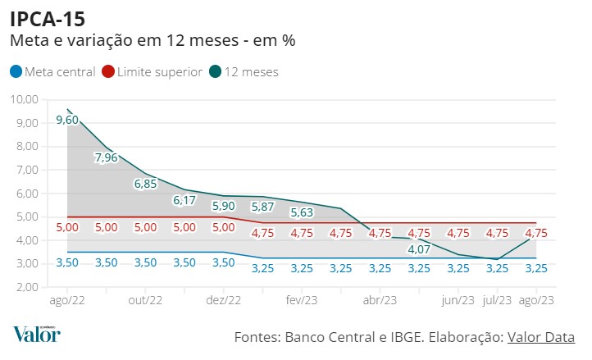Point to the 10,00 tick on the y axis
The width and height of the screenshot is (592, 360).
click(24, 99)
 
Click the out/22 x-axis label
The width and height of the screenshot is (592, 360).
click(145, 301)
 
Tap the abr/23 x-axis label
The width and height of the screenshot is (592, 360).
click(380, 301)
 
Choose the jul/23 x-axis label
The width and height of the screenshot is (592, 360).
click(497, 301)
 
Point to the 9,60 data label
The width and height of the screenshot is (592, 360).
click(67, 121)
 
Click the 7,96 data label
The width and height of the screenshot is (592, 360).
click(107, 157)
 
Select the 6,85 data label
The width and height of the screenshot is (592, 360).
click(145, 184)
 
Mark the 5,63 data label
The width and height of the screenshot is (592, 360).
click(302, 212)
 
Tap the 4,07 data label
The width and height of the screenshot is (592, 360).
click(419, 249)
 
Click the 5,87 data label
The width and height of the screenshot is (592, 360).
click(262, 207)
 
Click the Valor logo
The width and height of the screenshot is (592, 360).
click(36, 334)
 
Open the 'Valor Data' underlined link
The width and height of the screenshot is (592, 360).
click(541, 337)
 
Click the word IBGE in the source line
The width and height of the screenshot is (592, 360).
click(396, 337)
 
